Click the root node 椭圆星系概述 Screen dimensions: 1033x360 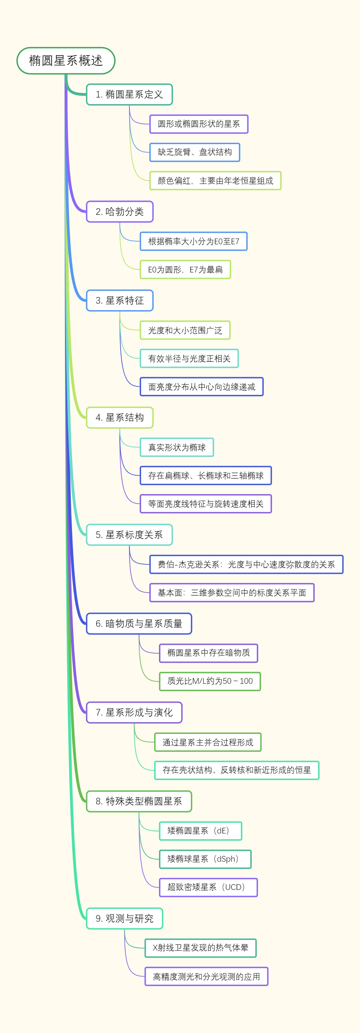click(66, 61)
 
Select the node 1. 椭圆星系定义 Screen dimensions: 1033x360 click(129, 95)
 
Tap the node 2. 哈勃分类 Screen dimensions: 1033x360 click(119, 212)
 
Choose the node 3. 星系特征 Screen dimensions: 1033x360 click(119, 300)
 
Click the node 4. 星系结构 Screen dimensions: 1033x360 click(119, 417)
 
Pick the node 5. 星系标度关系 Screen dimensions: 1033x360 click(129, 535)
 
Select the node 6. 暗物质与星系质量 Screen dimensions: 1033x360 click(139, 623)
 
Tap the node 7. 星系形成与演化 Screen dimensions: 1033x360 click(134, 712)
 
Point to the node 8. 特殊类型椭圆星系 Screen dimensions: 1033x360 click(139, 801)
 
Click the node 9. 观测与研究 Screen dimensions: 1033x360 click(124, 918)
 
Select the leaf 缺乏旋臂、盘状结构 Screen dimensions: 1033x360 click(194, 152)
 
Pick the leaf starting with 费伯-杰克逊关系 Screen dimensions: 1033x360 click(246, 564)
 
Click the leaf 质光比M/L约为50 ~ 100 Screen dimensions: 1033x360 click(210, 681)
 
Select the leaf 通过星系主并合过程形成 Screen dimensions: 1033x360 click(208, 742)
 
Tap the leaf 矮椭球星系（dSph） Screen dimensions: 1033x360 click(205, 859)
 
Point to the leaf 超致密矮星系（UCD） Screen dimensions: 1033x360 click(208, 887)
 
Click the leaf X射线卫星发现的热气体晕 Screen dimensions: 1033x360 click(200, 948)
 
